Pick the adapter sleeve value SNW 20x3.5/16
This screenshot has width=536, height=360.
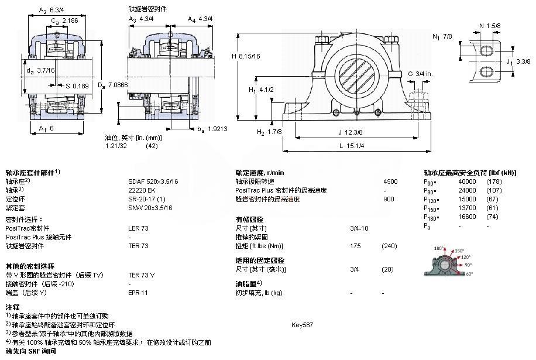(147, 208)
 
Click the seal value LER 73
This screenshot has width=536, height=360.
(138, 228)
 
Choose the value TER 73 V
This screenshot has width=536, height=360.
(141, 275)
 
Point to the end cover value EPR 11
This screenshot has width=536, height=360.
(138, 293)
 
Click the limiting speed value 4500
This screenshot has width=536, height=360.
(390, 181)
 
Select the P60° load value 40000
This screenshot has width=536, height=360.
(466, 181)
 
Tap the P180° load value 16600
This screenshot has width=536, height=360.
(466, 217)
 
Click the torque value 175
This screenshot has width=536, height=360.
(355, 246)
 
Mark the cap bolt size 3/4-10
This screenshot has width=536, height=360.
(359, 228)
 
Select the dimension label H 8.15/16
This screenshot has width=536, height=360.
(245, 56)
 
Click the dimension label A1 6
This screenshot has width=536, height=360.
(46, 128)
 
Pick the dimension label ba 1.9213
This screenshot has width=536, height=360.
(212, 129)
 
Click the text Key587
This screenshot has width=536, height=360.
(302, 324)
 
